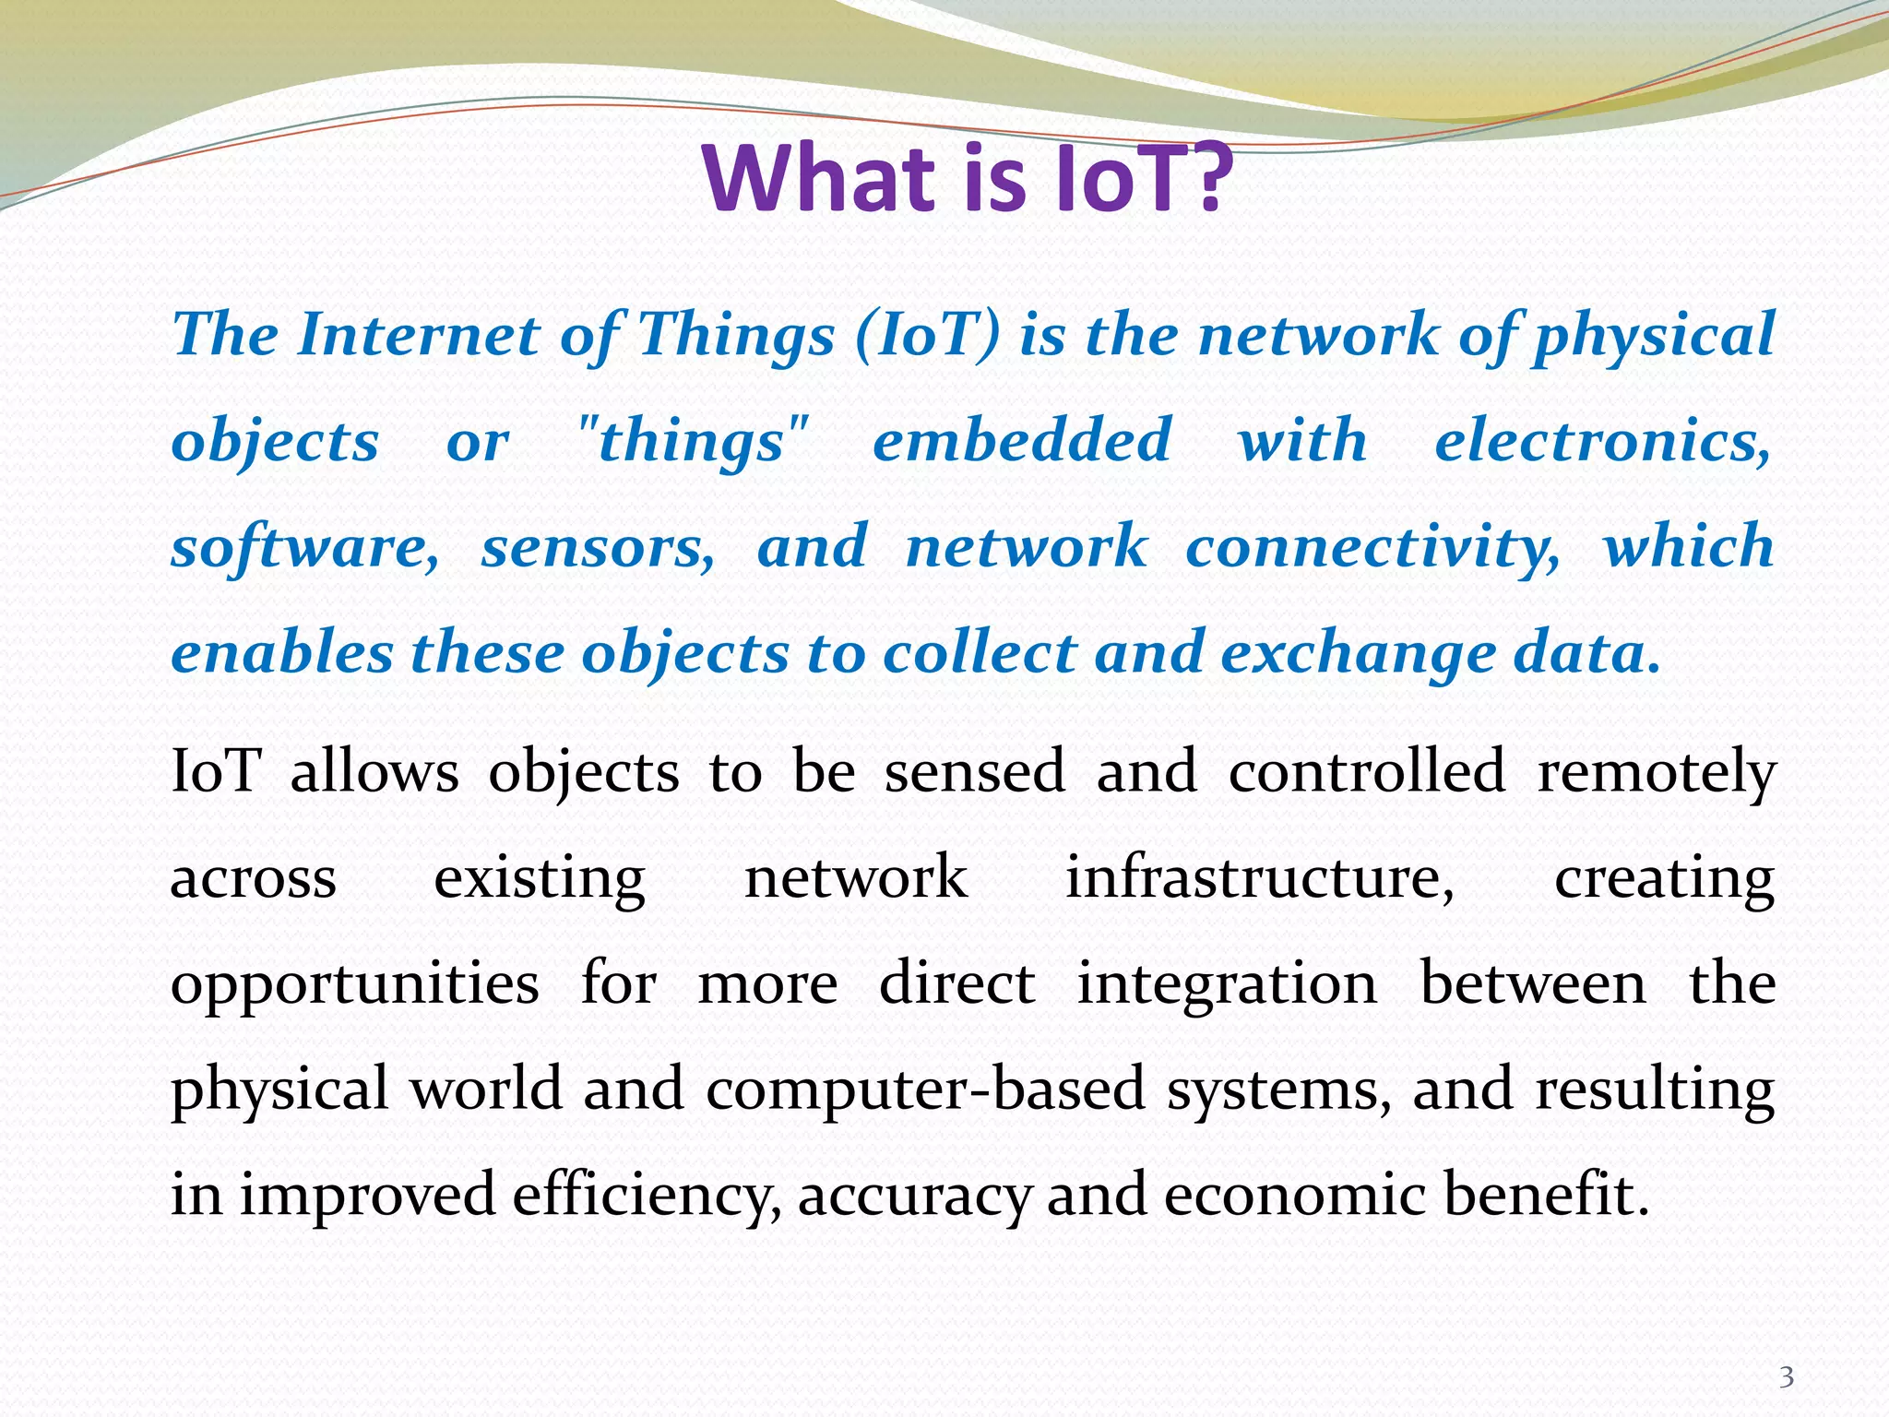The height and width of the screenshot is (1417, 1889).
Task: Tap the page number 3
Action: point(1787,1377)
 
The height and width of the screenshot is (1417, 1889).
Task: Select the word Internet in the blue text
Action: point(419,334)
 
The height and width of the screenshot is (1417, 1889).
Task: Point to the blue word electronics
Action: point(1603,441)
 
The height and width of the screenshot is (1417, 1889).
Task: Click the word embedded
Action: point(1022,439)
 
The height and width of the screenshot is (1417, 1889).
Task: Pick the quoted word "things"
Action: point(692,441)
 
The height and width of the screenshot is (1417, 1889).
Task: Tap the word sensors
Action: point(598,546)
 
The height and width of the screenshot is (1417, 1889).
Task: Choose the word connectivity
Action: point(1372,546)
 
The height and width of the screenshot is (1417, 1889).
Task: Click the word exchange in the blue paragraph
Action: point(1358,653)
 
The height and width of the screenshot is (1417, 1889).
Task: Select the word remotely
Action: point(1657,771)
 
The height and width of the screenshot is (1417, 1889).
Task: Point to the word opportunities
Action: point(355,983)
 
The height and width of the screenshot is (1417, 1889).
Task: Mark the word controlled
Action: point(1367,771)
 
